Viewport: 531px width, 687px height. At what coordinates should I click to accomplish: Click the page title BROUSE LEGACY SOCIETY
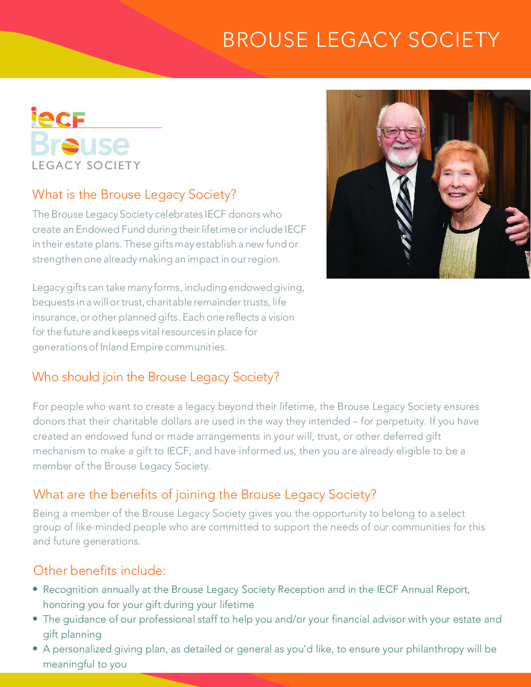(361, 40)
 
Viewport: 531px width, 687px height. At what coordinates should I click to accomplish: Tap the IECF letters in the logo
(58, 118)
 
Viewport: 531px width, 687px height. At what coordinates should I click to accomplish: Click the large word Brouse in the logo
(81, 144)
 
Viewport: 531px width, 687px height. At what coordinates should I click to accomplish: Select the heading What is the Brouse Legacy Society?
(134, 195)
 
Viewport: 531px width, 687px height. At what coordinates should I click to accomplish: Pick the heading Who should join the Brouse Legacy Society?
(156, 377)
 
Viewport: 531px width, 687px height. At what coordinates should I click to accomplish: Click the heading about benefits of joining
(204, 495)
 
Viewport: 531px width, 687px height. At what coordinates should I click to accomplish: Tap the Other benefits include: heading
(100, 571)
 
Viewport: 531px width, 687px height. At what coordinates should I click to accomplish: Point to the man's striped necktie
(405, 215)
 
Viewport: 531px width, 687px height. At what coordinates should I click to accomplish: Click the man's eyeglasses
(401, 132)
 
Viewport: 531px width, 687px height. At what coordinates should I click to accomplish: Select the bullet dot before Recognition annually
(35, 589)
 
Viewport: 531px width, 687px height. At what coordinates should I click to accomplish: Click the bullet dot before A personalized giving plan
(35, 648)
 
